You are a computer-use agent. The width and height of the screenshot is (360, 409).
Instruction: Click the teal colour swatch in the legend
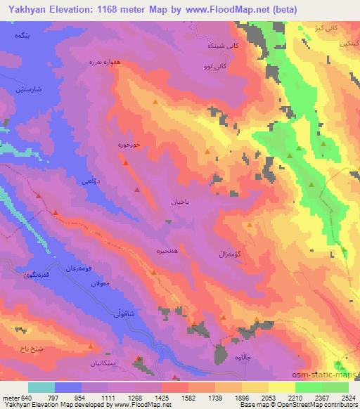(x=41, y=387)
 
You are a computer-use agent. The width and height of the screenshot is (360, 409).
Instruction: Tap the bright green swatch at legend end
(x=335, y=387)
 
